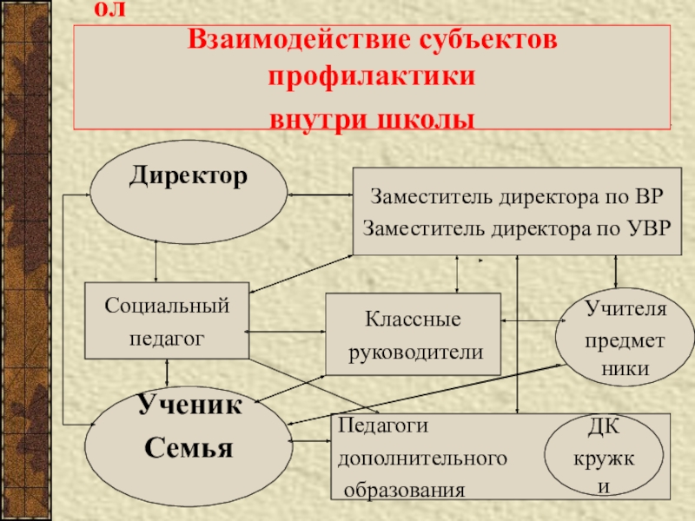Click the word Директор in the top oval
click(189, 176)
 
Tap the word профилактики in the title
click(372, 78)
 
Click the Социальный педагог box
click(167, 321)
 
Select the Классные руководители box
click(414, 335)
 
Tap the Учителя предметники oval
click(625, 339)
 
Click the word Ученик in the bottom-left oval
click(189, 406)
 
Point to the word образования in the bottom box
click(405, 491)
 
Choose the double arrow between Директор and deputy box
click(320, 198)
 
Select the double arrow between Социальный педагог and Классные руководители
click(287, 331)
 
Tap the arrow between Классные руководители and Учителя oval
click(530, 322)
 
